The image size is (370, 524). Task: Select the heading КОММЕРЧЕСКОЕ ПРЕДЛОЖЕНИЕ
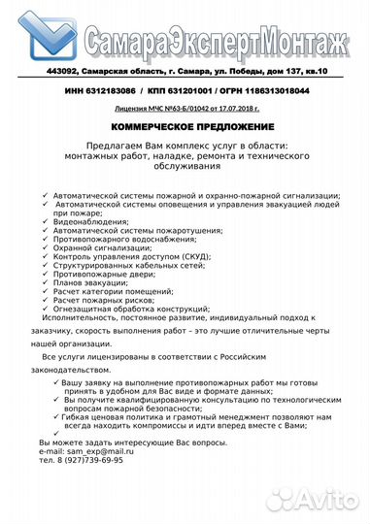(x=185, y=127)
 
